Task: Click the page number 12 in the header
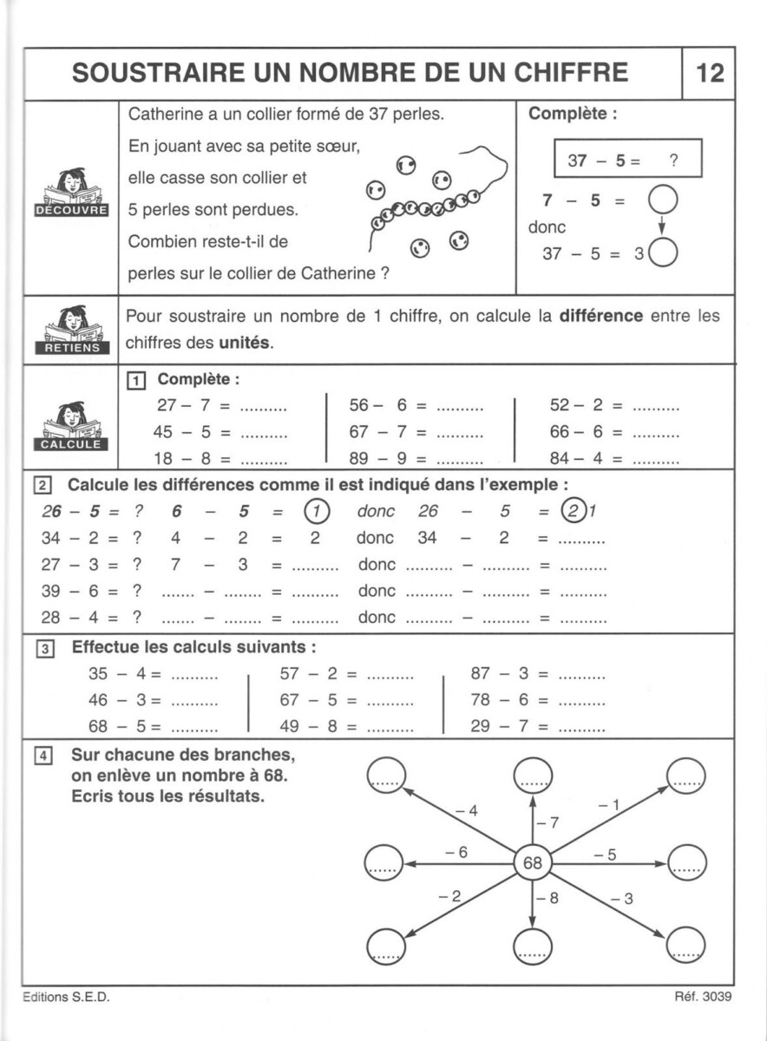(x=709, y=73)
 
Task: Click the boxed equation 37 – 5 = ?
(x=627, y=160)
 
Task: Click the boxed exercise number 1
(x=135, y=379)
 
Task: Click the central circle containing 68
(x=533, y=863)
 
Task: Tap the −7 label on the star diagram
(x=548, y=822)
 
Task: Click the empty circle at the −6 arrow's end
(x=384, y=862)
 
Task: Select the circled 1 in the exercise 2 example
(x=318, y=511)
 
